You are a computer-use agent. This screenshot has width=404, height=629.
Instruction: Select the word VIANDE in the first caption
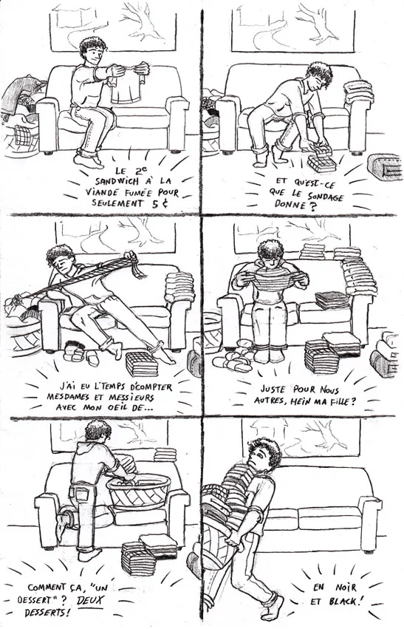(x=100, y=191)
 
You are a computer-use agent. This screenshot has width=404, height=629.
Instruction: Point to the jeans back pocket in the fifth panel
(x=81, y=495)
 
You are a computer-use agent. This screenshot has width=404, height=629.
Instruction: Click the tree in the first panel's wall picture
(x=144, y=20)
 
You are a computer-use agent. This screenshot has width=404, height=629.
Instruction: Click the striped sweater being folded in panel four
(x=270, y=283)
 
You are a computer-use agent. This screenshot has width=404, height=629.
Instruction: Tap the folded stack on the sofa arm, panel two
(x=359, y=92)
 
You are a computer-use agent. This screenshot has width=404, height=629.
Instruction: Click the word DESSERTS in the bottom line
(x=47, y=613)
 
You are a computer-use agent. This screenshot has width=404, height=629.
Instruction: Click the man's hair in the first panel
(x=93, y=47)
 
